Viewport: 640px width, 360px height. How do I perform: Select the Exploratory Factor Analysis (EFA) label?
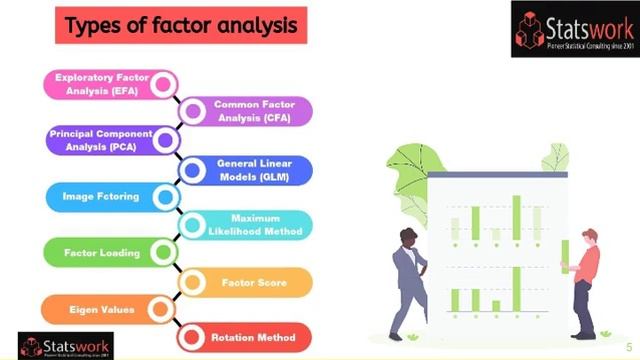click(x=99, y=84)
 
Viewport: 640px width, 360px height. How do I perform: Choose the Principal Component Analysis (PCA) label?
click(x=101, y=140)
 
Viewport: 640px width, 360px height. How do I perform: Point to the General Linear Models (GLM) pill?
click(x=254, y=169)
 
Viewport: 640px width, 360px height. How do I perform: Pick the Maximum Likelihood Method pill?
click(x=256, y=225)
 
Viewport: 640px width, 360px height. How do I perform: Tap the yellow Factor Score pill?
click(x=254, y=283)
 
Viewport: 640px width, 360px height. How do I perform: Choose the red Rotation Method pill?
click(x=254, y=338)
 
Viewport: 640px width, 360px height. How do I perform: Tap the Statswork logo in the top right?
click(x=574, y=28)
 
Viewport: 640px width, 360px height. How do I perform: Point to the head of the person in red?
click(x=589, y=236)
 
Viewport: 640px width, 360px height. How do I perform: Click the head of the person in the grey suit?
click(x=408, y=236)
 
